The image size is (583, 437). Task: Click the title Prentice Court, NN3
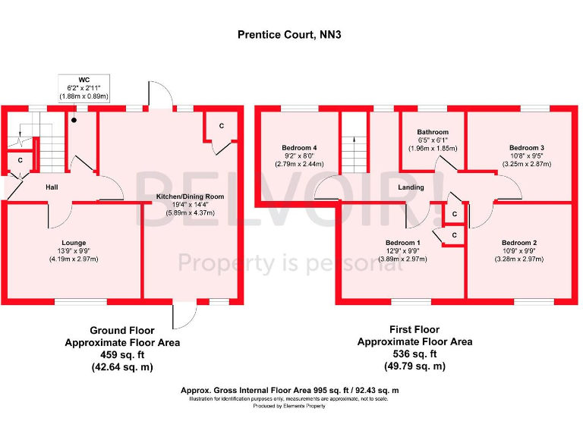point(291,34)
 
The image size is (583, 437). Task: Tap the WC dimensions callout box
point(84,87)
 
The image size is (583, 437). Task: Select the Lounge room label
point(74,243)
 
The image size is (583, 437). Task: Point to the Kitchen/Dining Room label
point(190,196)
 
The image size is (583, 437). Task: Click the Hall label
point(52,187)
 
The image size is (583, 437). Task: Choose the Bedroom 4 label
point(298,147)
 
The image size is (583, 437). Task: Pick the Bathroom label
point(433,132)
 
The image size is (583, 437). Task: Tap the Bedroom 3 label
point(526,147)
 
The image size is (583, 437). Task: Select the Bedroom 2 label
point(519,243)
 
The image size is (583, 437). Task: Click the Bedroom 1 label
point(402,243)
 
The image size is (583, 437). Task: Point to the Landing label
point(411,187)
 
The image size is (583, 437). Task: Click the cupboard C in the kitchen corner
point(221,125)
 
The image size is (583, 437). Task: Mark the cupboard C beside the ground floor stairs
point(20,161)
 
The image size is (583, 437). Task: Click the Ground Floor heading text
point(122,331)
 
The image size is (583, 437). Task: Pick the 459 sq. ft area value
point(122,354)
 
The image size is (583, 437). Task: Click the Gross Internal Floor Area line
point(290,390)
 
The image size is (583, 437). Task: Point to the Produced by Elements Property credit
point(290,406)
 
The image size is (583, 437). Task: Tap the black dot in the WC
point(74,120)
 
